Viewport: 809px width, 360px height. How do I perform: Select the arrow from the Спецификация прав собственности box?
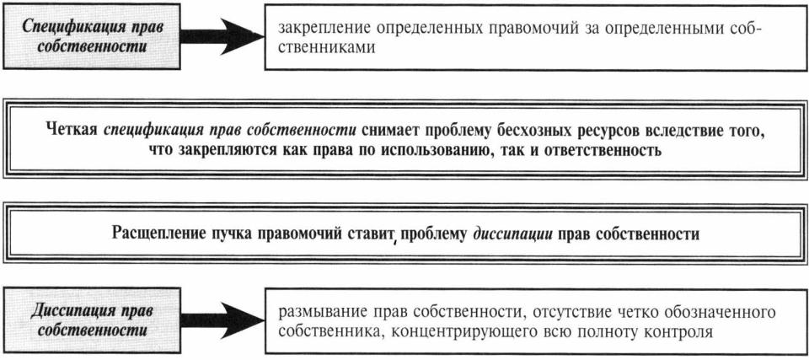(x=222, y=36)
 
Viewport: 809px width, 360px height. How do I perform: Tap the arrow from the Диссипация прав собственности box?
(x=222, y=321)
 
